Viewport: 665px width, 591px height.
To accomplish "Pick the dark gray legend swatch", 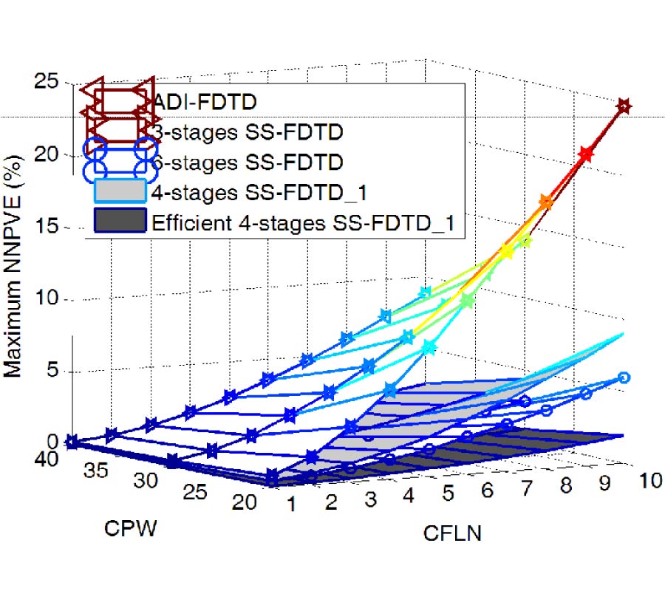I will pyautogui.click(x=119, y=222).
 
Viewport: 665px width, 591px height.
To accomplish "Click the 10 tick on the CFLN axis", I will pyautogui.click(x=649, y=481).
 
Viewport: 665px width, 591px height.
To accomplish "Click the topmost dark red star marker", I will pyautogui.click(x=624, y=106).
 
